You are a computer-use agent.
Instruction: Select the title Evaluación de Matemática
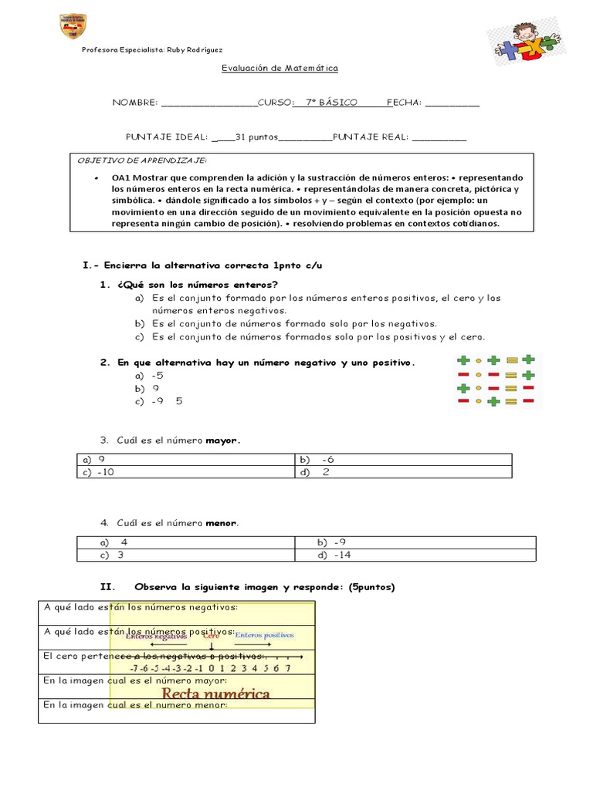[x=280, y=68]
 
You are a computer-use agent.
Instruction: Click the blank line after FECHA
[x=452, y=103]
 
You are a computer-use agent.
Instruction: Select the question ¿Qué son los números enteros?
[x=198, y=285]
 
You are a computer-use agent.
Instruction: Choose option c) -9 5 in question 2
[x=159, y=401]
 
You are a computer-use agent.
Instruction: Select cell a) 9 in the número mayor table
[x=185, y=459]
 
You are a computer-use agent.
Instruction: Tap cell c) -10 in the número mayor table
[x=185, y=472]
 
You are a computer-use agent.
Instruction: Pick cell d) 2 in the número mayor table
[x=402, y=472]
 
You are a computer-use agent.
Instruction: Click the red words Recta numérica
[x=205, y=693]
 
